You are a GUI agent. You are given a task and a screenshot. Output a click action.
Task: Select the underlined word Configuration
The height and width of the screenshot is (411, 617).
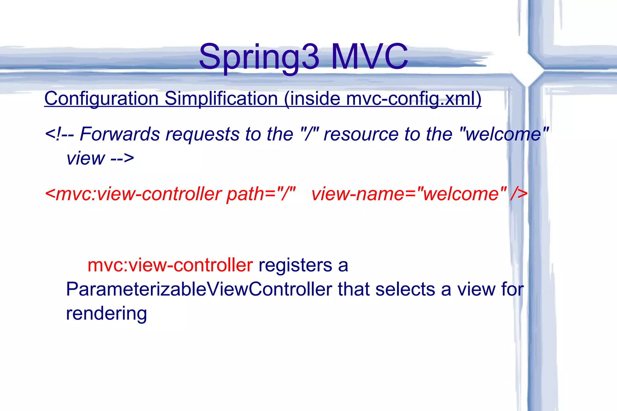click(x=101, y=98)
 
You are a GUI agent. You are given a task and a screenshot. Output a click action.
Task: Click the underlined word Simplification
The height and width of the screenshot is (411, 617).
click(x=221, y=98)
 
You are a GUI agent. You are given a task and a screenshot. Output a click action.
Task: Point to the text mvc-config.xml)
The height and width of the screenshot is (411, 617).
click(x=413, y=98)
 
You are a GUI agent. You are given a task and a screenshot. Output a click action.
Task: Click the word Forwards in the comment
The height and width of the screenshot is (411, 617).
click(x=120, y=134)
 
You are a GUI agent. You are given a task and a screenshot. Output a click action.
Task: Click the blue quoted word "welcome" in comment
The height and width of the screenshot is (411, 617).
click(x=504, y=134)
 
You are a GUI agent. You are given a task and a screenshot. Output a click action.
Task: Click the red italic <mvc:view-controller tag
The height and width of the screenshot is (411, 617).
click(x=133, y=194)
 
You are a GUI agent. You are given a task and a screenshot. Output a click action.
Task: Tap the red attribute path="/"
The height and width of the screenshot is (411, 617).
click(x=261, y=194)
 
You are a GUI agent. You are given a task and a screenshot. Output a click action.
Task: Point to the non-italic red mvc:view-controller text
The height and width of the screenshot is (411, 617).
click(x=170, y=265)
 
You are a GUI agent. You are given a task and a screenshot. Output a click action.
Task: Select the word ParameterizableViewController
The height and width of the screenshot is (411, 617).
click(x=199, y=289)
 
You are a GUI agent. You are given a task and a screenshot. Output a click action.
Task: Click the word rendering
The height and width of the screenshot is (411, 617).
click(x=106, y=314)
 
